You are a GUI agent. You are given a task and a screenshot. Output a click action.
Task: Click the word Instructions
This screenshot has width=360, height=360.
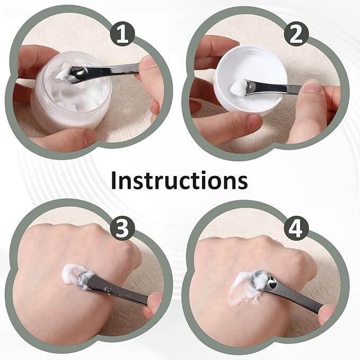pyautogui.click(x=179, y=180)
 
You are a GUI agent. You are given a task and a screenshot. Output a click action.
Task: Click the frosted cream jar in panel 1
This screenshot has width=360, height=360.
pyautogui.click(x=58, y=106)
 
